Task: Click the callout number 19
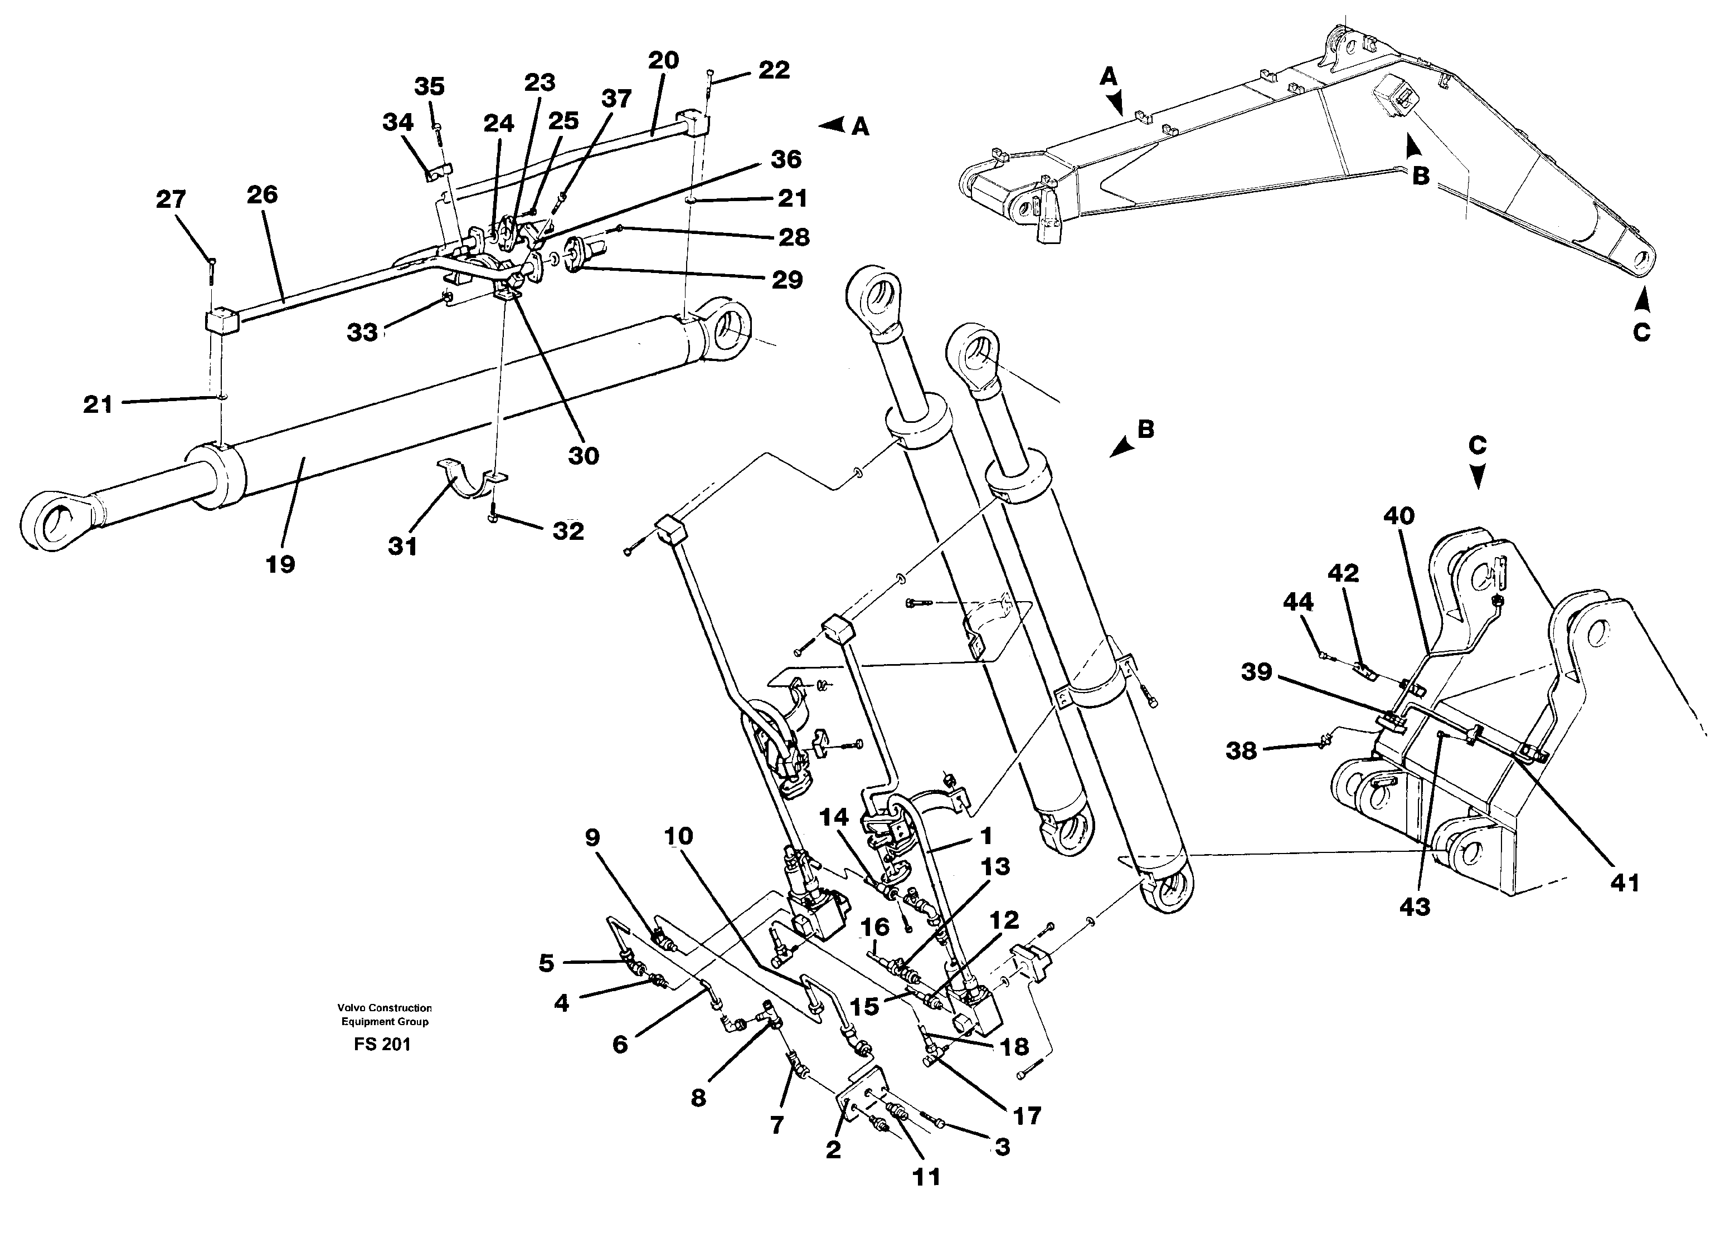[x=280, y=564]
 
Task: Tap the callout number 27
[x=171, y=199]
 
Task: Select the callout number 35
[x=429, y=86]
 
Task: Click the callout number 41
[x=1625, y=883]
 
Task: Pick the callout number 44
[x=1298, y=603]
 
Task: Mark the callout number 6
[x=620, y=1044]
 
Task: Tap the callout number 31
[x=402, y=546]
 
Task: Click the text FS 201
[x=382, y=1045]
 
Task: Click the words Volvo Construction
[x=385, y=1008]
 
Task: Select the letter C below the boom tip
[x=1641, y=333]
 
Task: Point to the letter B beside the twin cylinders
[x=1145, y=430]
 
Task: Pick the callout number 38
[x=1241, y=751]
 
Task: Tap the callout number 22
[x=774, y=70]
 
